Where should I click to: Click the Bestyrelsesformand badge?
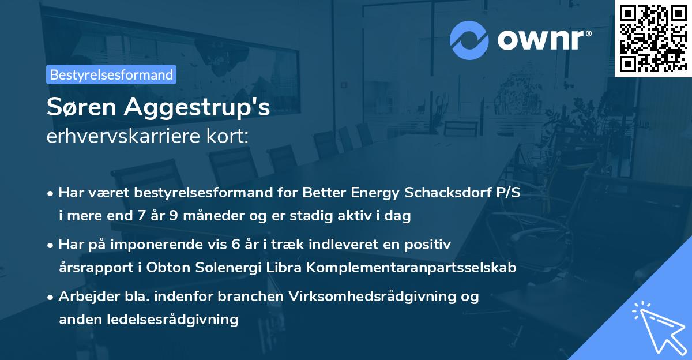point(111,74)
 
